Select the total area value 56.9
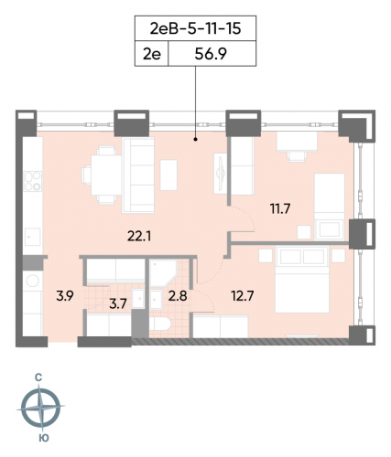[x=212, y=55]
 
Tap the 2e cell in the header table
[x=152, y=55]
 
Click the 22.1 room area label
[x=139, y=237]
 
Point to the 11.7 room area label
[x=278, y=208]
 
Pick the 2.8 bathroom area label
[x=177, y=294]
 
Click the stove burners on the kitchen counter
[x=32, y=179]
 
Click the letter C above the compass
[x=40, y=376]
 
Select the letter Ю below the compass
[x=41, y=438]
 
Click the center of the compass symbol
[x=41, y=407]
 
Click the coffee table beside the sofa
[x=169, y=173]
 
